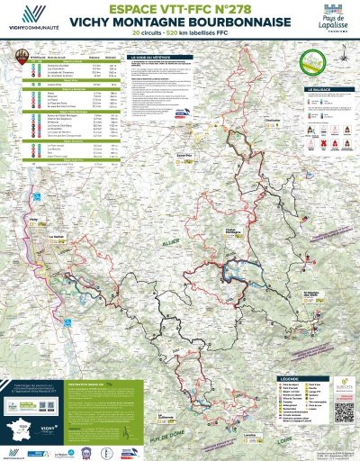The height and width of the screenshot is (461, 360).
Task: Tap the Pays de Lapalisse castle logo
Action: pos(328,20)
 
